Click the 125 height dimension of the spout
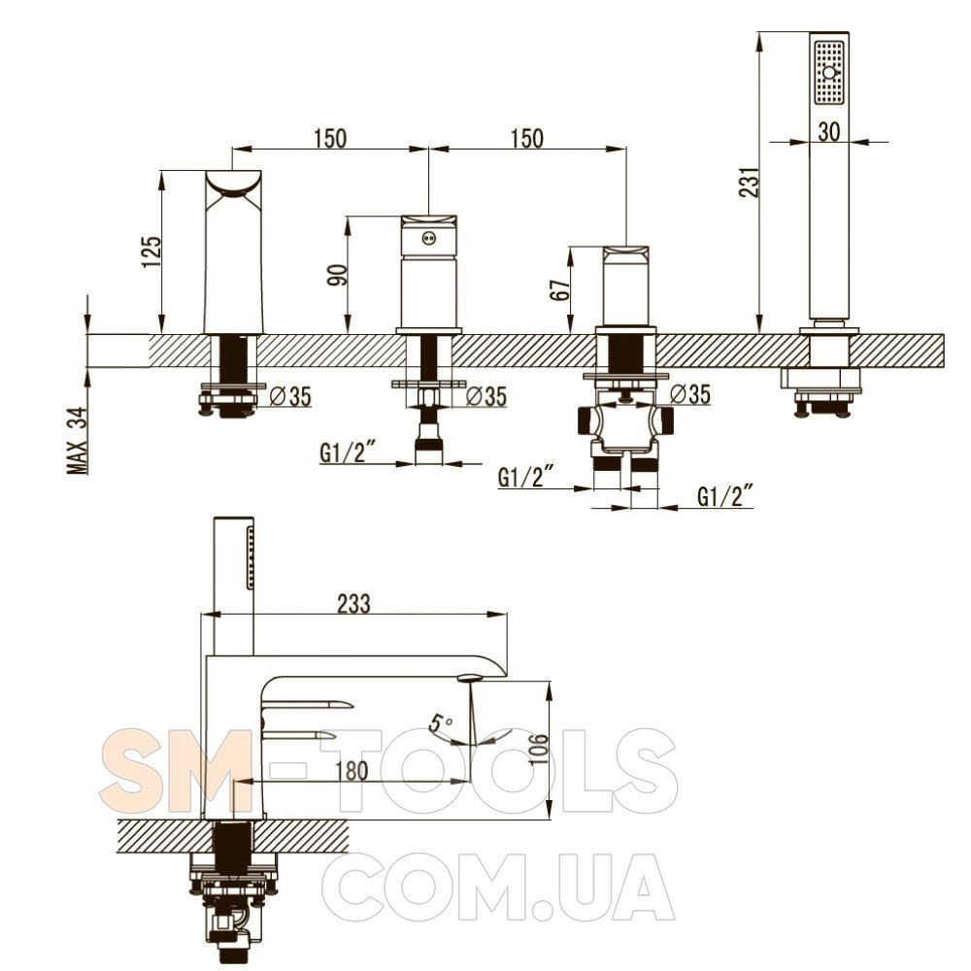[152, 251]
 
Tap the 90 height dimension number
[338, 275]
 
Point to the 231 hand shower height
[751, 182]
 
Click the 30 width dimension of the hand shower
[828, 131]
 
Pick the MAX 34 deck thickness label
[79, 440]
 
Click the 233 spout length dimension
[353, 603]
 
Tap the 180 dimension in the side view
[352, 771]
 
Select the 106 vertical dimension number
[539, 750]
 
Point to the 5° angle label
[442, 722]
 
